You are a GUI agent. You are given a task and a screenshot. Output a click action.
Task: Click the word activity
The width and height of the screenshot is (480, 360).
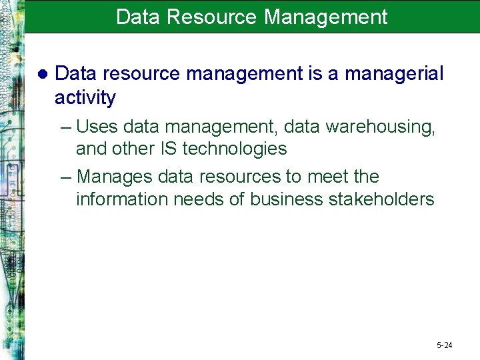coord(85,97)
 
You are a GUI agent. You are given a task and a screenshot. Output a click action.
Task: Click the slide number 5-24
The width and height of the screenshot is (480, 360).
coord(445,345)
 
